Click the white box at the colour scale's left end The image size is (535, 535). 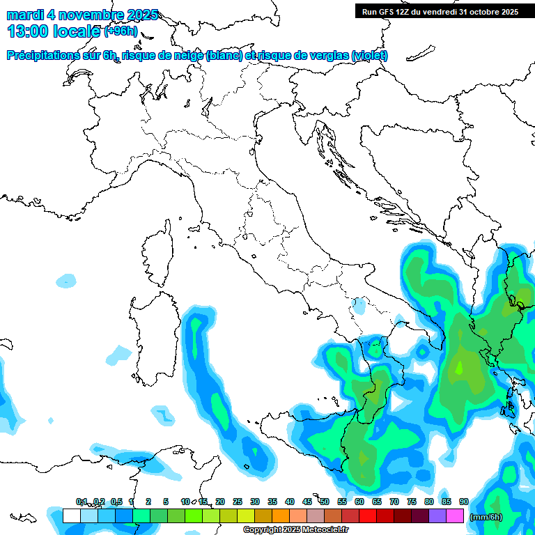71,515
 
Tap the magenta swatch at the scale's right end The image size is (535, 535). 455,515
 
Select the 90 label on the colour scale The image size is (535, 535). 463,502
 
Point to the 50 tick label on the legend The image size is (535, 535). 325,502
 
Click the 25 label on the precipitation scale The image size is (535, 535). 238,502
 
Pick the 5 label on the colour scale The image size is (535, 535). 166,502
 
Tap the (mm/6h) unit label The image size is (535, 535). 486,517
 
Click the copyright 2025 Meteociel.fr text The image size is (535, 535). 296,530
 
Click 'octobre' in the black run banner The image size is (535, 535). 481,11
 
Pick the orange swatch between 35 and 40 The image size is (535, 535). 281,515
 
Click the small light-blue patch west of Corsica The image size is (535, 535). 66,281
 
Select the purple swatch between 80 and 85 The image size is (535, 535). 437,515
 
